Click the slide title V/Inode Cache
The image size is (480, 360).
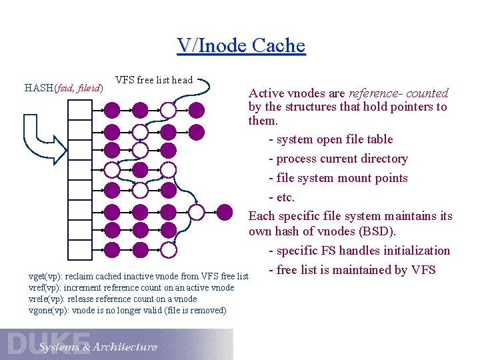click(x=241, y=45)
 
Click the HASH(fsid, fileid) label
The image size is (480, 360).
click(x=63, y=87)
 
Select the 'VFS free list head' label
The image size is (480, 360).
click(x=153, y=80)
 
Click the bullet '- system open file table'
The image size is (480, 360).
click(x=331, y=139)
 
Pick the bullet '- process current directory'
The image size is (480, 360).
click(x=338, y=159)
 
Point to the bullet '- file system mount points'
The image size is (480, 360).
click(x=338, y=178)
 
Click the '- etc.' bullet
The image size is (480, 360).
click(x=281, y=197)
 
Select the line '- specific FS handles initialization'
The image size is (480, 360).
click(x=359, y=251)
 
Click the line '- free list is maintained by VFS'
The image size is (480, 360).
click(x=351, y=270)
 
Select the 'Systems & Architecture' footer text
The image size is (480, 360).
click(x=97, y=347)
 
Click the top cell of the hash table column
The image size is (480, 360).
click(x=79, y=109)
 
